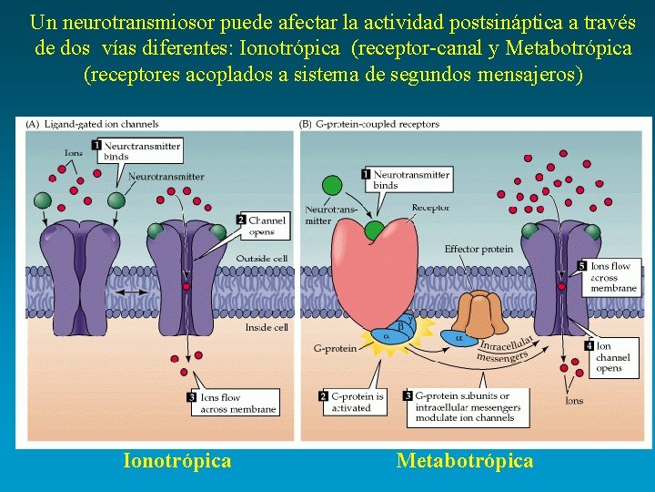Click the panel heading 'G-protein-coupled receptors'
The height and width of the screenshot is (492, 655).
(376, 124)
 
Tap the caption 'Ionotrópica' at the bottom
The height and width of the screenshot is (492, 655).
(177, 460)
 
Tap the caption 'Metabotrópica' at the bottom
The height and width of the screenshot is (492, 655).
(465, 460)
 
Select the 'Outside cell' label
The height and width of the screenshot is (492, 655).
(262, 259)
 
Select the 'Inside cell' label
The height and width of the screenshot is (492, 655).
(267, 326)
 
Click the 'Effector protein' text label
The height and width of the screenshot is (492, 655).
(479, 249)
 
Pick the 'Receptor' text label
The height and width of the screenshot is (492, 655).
(430, 208)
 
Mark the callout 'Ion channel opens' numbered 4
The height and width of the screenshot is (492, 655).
(611, 356)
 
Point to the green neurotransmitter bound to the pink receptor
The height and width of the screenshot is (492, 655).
(375, 229)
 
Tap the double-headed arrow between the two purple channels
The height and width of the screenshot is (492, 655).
(133, 291)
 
